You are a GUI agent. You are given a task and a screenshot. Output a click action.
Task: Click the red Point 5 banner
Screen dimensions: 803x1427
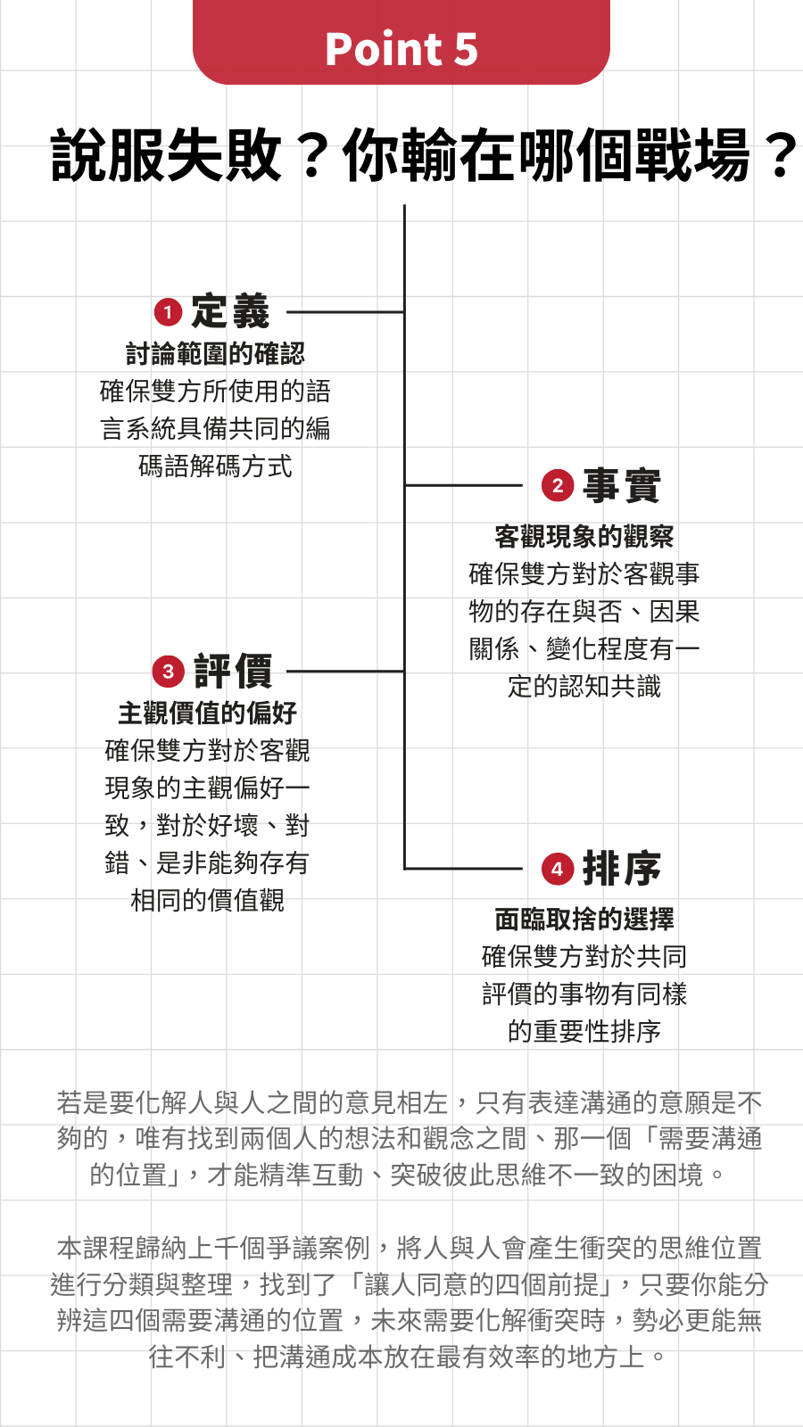click(401, 42)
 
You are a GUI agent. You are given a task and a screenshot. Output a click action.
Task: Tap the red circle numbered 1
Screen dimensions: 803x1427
click(169, 312)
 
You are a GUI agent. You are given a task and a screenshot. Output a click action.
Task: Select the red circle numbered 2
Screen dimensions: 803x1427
click(558, 485)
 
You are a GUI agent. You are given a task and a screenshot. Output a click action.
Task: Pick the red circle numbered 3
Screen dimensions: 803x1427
click(169, 672)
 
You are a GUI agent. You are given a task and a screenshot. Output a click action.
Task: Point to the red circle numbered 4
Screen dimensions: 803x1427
click(558, 869)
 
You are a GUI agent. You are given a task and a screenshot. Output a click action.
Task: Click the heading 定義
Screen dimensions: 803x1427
click(231, 311)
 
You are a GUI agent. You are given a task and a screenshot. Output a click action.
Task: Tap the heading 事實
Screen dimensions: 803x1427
click(621, 485)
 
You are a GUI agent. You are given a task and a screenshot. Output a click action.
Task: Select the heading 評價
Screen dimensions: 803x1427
click(233, 671)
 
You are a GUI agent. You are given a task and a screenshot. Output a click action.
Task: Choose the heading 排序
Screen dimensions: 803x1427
click(621, 869)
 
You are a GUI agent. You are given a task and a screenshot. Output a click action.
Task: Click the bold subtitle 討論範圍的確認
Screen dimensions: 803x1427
click(215, 353)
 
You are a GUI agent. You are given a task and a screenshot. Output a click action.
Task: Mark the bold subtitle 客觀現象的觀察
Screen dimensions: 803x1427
click(584, 536)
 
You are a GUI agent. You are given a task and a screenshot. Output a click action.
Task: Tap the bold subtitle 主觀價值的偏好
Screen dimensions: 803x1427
click(207, 713)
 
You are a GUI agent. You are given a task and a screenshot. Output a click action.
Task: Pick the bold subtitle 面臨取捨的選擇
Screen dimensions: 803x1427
click(584, 920)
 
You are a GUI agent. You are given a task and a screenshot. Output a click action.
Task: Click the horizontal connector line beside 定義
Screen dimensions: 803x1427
click(345, 312)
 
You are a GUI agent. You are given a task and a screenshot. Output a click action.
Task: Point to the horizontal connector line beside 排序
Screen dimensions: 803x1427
click(463, 869)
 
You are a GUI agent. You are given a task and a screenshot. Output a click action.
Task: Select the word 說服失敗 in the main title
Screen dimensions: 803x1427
click(166, 155)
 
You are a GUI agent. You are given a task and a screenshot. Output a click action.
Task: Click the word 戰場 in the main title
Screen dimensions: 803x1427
click(692, 155)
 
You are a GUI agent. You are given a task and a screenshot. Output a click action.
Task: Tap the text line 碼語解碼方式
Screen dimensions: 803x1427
click(215, 466)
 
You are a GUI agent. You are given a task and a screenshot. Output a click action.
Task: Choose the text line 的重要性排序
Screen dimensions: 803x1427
click(584, 1031)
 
